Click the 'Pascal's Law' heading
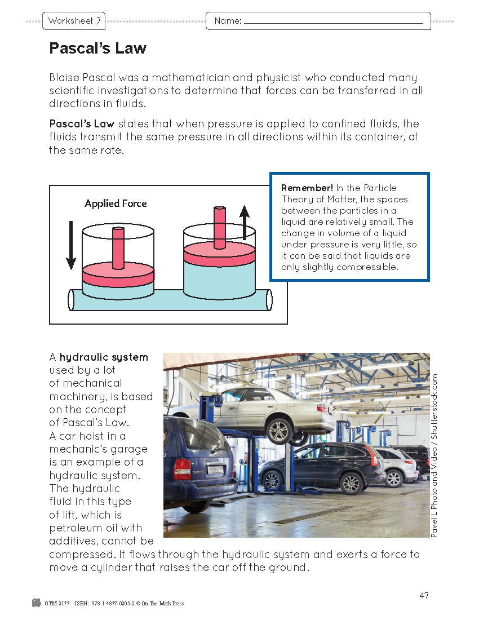coord(97,48)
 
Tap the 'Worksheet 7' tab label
coord(74,21)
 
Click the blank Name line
coord(332,22)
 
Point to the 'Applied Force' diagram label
coord(116,203)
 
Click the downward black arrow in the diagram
coord(71,245)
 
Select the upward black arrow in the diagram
coord(244,223)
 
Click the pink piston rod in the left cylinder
coord(118,248)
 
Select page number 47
coord(424,596)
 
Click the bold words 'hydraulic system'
coord(104,357)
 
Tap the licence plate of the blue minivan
coord(215,469)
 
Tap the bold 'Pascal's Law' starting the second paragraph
coord(82,124)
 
